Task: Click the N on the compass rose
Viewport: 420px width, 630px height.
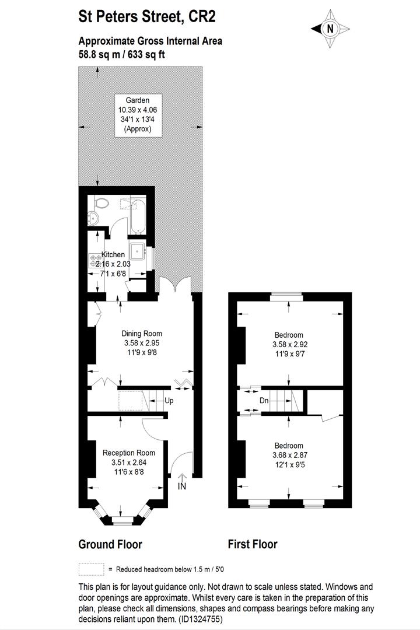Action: pyautogui.click(x=330, y=29)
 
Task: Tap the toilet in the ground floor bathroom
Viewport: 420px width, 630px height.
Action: pyautogui.click(x=102, y=202)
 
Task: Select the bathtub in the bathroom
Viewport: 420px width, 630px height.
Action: pyautogui.click(x=138, y=214)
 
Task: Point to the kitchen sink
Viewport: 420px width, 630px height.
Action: pyautogui.click(x=138, y=251)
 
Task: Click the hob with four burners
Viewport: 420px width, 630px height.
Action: pyautogui.click(x=96, y=260)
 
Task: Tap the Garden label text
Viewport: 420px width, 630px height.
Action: pyautogui.click(x=138, y=100)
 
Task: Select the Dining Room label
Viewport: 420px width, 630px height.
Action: pyautogui.click(x=142, y=334)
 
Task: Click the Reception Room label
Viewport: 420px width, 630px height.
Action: pyautogui.click(x=128, y=453)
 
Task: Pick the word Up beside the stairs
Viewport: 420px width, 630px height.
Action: pyautogui.click(x=169, y=401)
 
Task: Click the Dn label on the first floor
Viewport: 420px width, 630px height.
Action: pyautogui.click(x=264, y=401)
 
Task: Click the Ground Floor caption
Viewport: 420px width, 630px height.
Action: pyautogui.click(x=110, y=544)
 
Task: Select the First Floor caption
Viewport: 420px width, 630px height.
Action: pyautogui.click(x=253, y=544)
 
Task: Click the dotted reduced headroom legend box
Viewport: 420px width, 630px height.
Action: pyautogui.click(x=91, y=569)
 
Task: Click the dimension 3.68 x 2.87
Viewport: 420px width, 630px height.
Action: pyautogui.click(x=290, y=455)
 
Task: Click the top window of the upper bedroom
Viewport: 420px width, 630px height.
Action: pyautogui.click(x=286, y=297)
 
